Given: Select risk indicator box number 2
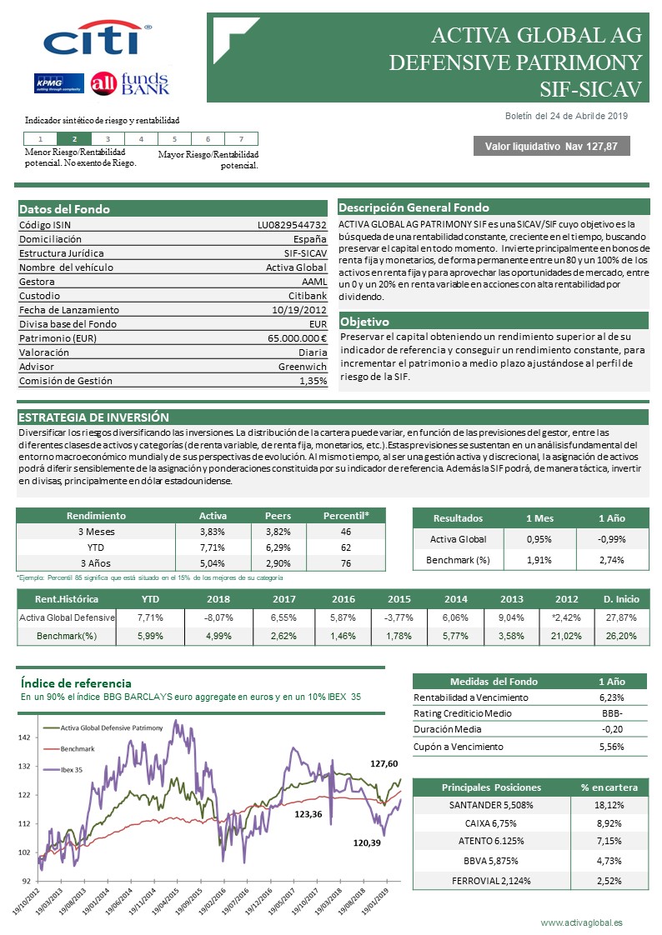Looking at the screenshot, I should click(x=75, y=139).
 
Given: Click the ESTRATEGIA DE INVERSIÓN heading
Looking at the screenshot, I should click(x=93, y=417).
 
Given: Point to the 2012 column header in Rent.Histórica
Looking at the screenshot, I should click(x=567, y=598).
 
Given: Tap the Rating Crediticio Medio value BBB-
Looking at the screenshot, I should click(x=612, y=713).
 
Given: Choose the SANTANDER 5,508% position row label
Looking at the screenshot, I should click(x=491, y=805).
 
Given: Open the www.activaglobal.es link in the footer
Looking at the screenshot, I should click(x=581, y=922).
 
